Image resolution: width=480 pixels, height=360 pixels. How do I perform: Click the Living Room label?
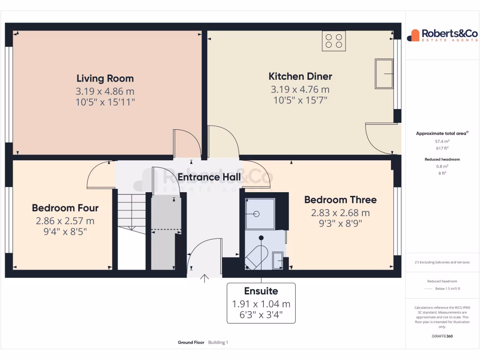pos(105,78)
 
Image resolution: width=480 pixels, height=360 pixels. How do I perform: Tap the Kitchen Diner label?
pos(300,76)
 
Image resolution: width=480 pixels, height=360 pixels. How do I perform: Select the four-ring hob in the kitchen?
pos(334,41)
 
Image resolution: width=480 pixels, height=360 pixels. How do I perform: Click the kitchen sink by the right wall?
pos(384,74)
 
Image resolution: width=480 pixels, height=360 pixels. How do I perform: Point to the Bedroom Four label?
pos(65,208)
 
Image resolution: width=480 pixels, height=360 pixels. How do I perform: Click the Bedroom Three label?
pos(340,200)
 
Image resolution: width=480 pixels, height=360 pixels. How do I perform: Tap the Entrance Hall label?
pos(209,177)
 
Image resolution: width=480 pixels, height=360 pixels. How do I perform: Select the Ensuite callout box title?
pos(261,291)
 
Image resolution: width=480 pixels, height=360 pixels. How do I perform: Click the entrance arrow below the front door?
pos(204,278)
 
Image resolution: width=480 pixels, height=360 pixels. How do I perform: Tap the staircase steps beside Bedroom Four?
pos(131,211)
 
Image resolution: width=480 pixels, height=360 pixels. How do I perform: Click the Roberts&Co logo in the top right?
pos(442,35)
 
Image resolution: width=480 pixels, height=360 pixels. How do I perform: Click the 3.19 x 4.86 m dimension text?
pos(105,91)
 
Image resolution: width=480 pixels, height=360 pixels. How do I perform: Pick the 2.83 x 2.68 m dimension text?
pos(340,213)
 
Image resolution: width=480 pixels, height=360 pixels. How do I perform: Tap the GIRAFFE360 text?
pos(442,336)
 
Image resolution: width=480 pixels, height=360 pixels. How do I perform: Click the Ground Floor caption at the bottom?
pos(191,343)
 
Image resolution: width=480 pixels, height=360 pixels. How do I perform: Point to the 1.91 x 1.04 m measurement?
pos(261,304)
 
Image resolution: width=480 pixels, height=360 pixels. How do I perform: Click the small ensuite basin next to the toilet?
pos(277,258)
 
